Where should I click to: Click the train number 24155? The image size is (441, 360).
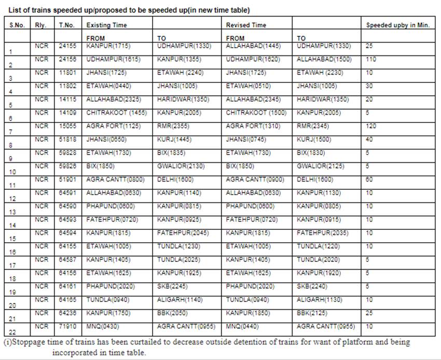[x=68, y=46]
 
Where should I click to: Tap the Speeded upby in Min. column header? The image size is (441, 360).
[x=398, y=25]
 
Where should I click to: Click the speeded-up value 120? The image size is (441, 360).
[x=371, y=126]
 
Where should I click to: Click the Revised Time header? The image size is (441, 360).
[x=246, y=25]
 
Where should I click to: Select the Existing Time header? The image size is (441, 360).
[x=106, y=25]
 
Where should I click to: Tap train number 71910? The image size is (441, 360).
[x=68, y=326]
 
